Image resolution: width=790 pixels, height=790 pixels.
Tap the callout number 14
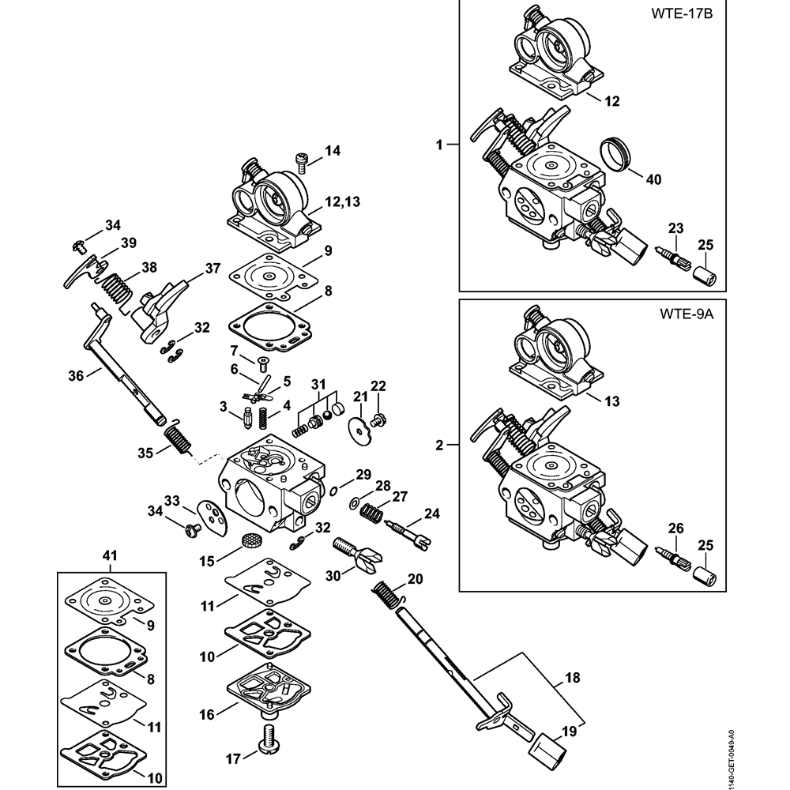click(x=333, y=150)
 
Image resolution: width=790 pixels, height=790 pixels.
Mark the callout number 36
click(x=75, y=376)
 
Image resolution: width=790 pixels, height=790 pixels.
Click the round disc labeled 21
click(x=359, y=426)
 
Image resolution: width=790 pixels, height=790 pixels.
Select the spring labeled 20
click(x=386, y=593)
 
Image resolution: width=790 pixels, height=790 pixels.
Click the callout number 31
click(x=319, y=384)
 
